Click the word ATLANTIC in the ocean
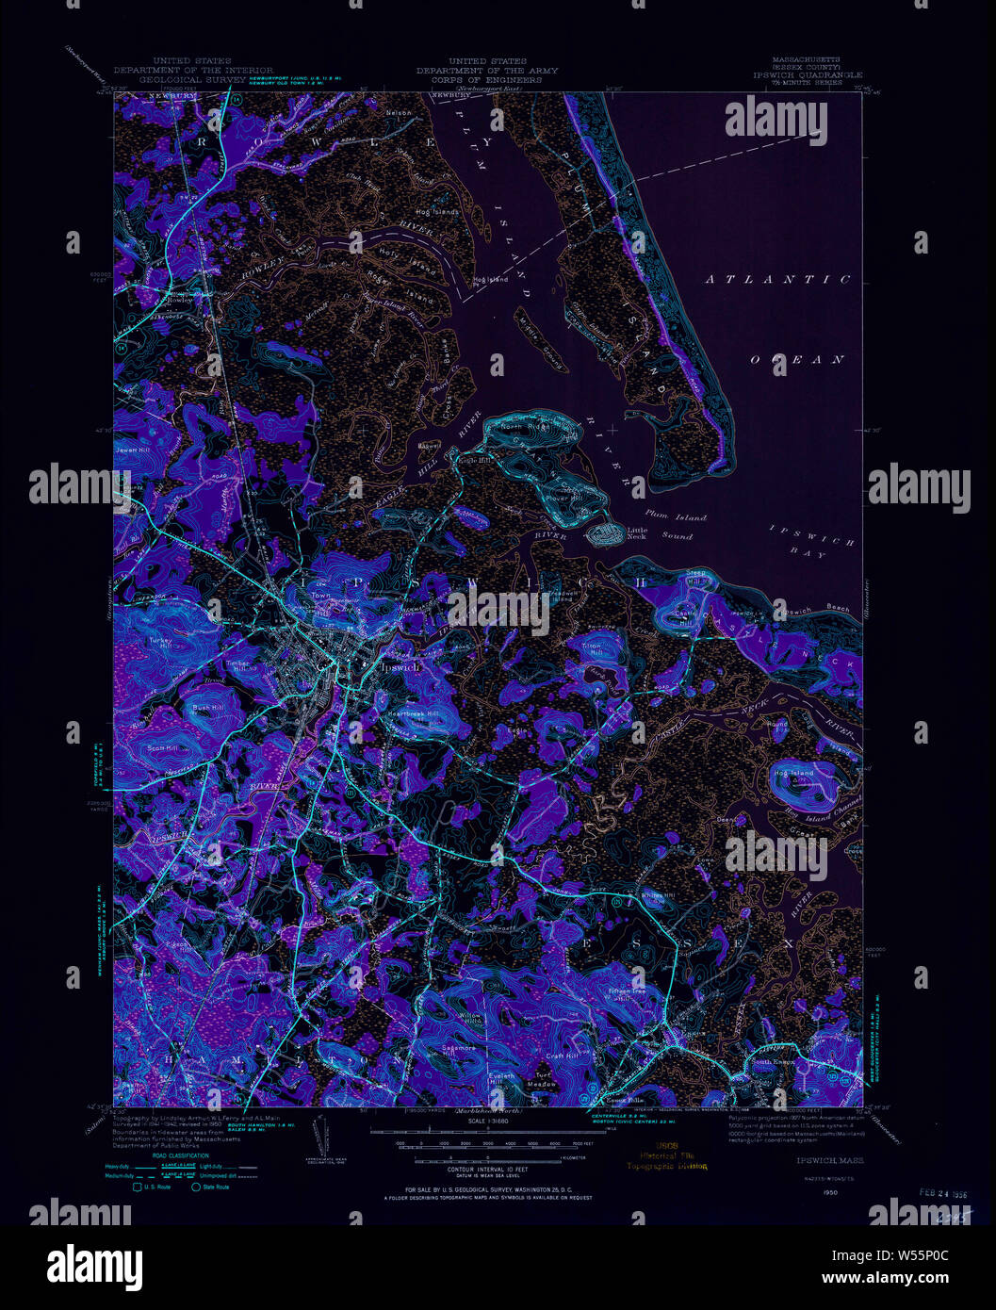(x=778, y=279)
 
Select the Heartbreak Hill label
(x=415, y=714)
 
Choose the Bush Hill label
(x=207, y=707)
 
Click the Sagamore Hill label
(x=462, y=1051)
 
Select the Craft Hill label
(x=562, y=1056)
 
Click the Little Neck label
(x=638, y=533)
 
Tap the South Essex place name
(x=774, y=1062)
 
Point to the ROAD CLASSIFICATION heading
(x=178, y=1155)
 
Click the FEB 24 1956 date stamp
(x=944, y=1192)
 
